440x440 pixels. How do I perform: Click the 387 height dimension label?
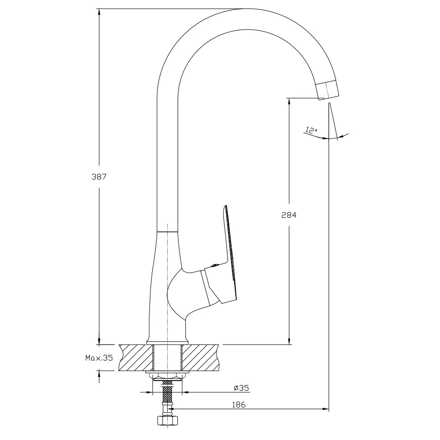point(99,177)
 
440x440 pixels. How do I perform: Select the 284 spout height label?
point(289,215)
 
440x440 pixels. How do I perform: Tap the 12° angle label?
point(312,130)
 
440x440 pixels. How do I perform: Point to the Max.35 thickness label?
point(99,358)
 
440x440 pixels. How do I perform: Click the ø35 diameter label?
point(241,388)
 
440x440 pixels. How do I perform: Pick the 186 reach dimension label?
point(239,405)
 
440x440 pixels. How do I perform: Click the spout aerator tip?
point(327,90)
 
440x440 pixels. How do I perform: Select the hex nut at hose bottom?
point(168,420)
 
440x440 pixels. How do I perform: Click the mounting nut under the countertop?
point(168,376)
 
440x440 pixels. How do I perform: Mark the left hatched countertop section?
point(136,357)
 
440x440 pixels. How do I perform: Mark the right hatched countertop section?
point(200,357)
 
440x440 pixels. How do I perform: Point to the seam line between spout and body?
point(167,232)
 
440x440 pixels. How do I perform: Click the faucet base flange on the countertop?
point(168,342)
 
